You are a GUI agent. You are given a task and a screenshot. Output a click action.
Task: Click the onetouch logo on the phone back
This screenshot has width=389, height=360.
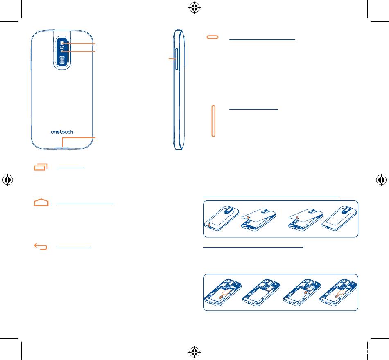[x=62, y=132]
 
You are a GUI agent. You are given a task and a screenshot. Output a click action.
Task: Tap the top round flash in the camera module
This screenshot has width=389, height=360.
[x=62, y=43]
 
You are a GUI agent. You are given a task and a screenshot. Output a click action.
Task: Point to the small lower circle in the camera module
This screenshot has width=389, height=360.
[x=62, y=52]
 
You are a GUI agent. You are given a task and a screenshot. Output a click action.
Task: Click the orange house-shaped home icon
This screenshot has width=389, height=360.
[x=41, y=202]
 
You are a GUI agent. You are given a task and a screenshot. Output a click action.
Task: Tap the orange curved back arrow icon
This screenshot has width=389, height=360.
[x=41, y=246]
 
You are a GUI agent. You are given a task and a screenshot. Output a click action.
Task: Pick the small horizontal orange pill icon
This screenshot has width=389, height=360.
[x=213, y=37]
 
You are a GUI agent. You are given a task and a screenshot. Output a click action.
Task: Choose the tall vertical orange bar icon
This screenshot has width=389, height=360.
[x=213, y=121]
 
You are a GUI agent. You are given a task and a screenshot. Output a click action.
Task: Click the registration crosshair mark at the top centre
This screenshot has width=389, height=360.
[x=194, y=7]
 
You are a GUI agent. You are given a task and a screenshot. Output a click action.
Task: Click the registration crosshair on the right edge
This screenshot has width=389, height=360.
[x=381, y=180]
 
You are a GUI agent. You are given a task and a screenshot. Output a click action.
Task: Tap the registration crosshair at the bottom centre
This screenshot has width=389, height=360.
[x=194, y=351]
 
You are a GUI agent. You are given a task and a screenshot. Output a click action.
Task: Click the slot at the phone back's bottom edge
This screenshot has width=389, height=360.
[x=62, y=144]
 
